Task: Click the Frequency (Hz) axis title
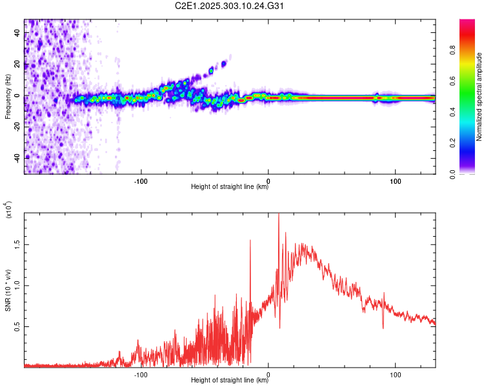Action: pos(7,97)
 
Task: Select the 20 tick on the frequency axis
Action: pos(17,64)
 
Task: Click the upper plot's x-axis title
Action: pos(230,187)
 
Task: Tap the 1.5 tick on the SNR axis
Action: pos(17,244)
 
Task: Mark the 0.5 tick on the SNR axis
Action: pos(17,327)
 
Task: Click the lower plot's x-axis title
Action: pos(230,381)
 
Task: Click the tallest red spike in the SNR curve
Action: pos(279,217)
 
